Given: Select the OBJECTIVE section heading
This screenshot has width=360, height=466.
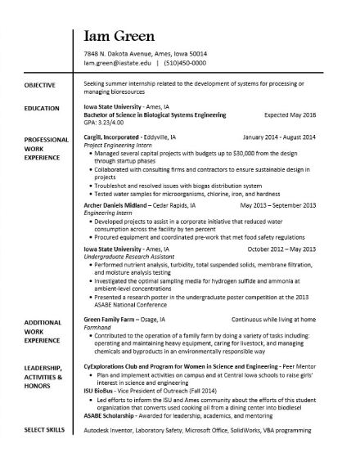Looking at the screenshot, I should coord(39,85).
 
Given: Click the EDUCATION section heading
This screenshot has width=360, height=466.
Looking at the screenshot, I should coord(42,108).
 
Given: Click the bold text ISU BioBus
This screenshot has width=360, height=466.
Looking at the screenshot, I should coord(102,392).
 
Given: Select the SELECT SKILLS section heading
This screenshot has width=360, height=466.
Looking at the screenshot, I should coord(45,428).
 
